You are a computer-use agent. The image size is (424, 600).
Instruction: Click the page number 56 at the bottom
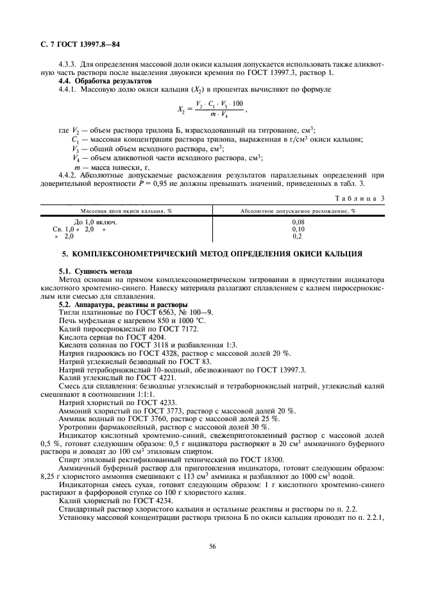212,546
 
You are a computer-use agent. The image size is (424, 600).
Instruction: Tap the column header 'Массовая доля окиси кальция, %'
126,211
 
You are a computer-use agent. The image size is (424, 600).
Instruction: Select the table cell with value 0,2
297,237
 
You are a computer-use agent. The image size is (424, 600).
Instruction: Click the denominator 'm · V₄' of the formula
219,115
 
